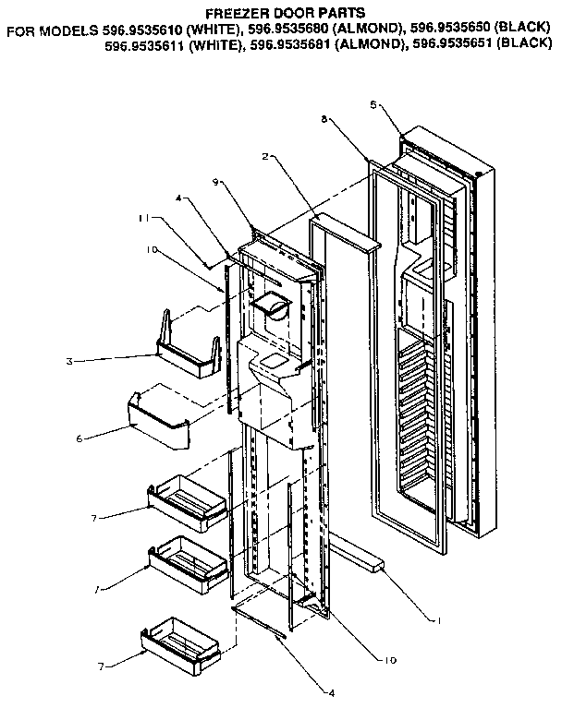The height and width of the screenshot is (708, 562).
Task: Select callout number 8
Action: [x=324, y=120]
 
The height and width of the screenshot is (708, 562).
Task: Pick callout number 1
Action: [x=439, y=619]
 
